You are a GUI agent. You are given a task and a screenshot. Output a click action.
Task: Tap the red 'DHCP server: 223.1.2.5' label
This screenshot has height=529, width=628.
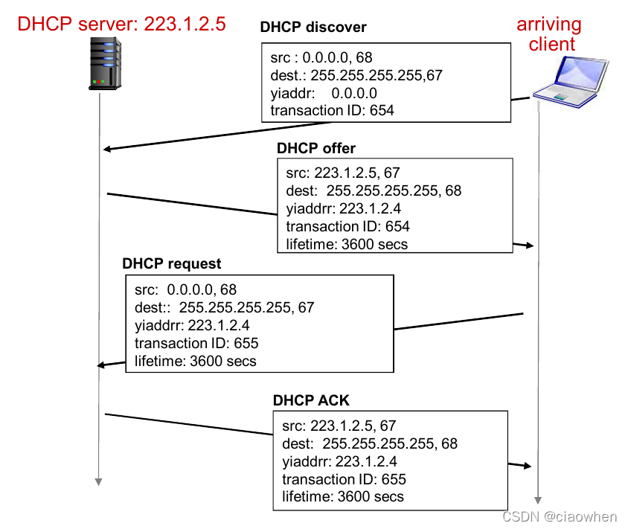click(121, 25)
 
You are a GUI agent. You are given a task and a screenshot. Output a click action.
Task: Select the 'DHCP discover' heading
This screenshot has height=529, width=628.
click(313, 28)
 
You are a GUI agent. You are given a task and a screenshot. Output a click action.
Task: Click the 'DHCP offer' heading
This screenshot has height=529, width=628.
click(316, 148)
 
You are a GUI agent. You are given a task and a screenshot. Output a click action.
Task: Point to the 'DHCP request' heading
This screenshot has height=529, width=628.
click(172, 264)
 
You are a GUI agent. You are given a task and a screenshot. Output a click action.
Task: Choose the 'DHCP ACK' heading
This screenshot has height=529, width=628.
click(311, 401)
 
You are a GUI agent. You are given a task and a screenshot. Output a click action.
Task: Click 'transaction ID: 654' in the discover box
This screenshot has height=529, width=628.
click(332, 111)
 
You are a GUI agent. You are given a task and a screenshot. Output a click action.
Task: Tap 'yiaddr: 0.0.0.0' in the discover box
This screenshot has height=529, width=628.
click(324, 93)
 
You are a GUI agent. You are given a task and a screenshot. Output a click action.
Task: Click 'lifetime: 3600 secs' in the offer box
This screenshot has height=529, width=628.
click(347, 244)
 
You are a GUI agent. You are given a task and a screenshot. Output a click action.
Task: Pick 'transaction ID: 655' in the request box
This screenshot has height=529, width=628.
click(196, 343)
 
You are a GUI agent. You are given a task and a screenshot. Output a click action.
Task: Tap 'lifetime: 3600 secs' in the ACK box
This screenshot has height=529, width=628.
click(343, 497)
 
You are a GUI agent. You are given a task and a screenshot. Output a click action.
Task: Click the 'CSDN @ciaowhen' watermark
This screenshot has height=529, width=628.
click(560, 516)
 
